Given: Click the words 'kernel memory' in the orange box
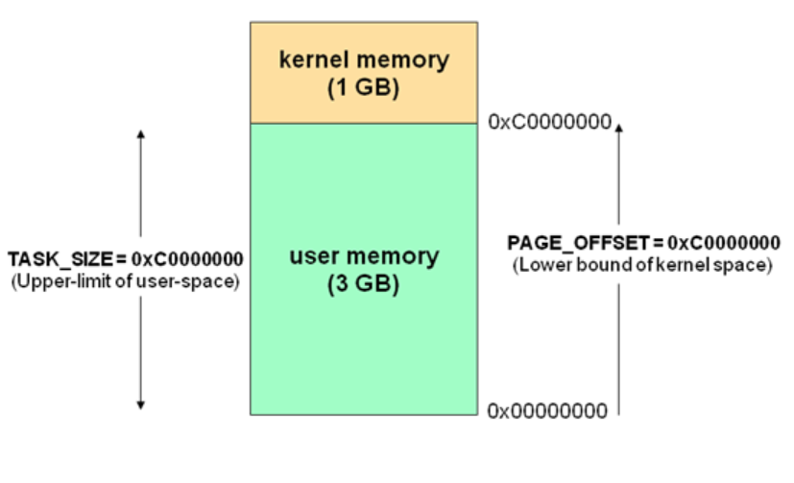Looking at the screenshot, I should click(x=364, y=60).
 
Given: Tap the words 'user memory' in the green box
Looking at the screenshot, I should click(x=364, y=257).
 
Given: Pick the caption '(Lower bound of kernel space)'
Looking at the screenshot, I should click(x=643, y=265).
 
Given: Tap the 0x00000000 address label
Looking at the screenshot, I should click(x=547, y=412).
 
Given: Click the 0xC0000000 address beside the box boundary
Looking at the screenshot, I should click(x=547, y=123).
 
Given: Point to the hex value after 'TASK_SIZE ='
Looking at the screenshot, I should click(x=187, y=260).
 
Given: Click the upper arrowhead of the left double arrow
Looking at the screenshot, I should click(x=141, y=133).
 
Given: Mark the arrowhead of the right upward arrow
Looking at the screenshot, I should click(x=619, y=125).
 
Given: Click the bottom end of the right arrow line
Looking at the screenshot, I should click(x=619, y=414).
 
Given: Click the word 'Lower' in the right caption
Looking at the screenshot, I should click(x=541, y=265).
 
